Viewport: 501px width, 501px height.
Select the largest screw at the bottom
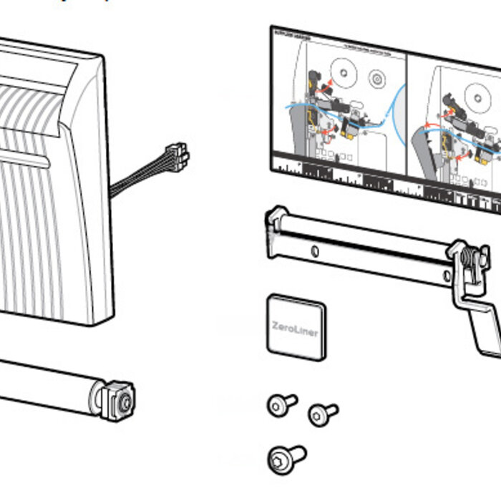coord(283,457)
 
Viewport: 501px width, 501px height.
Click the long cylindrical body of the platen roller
coord(43,383)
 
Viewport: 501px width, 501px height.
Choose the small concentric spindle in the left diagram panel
coord(377,78)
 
